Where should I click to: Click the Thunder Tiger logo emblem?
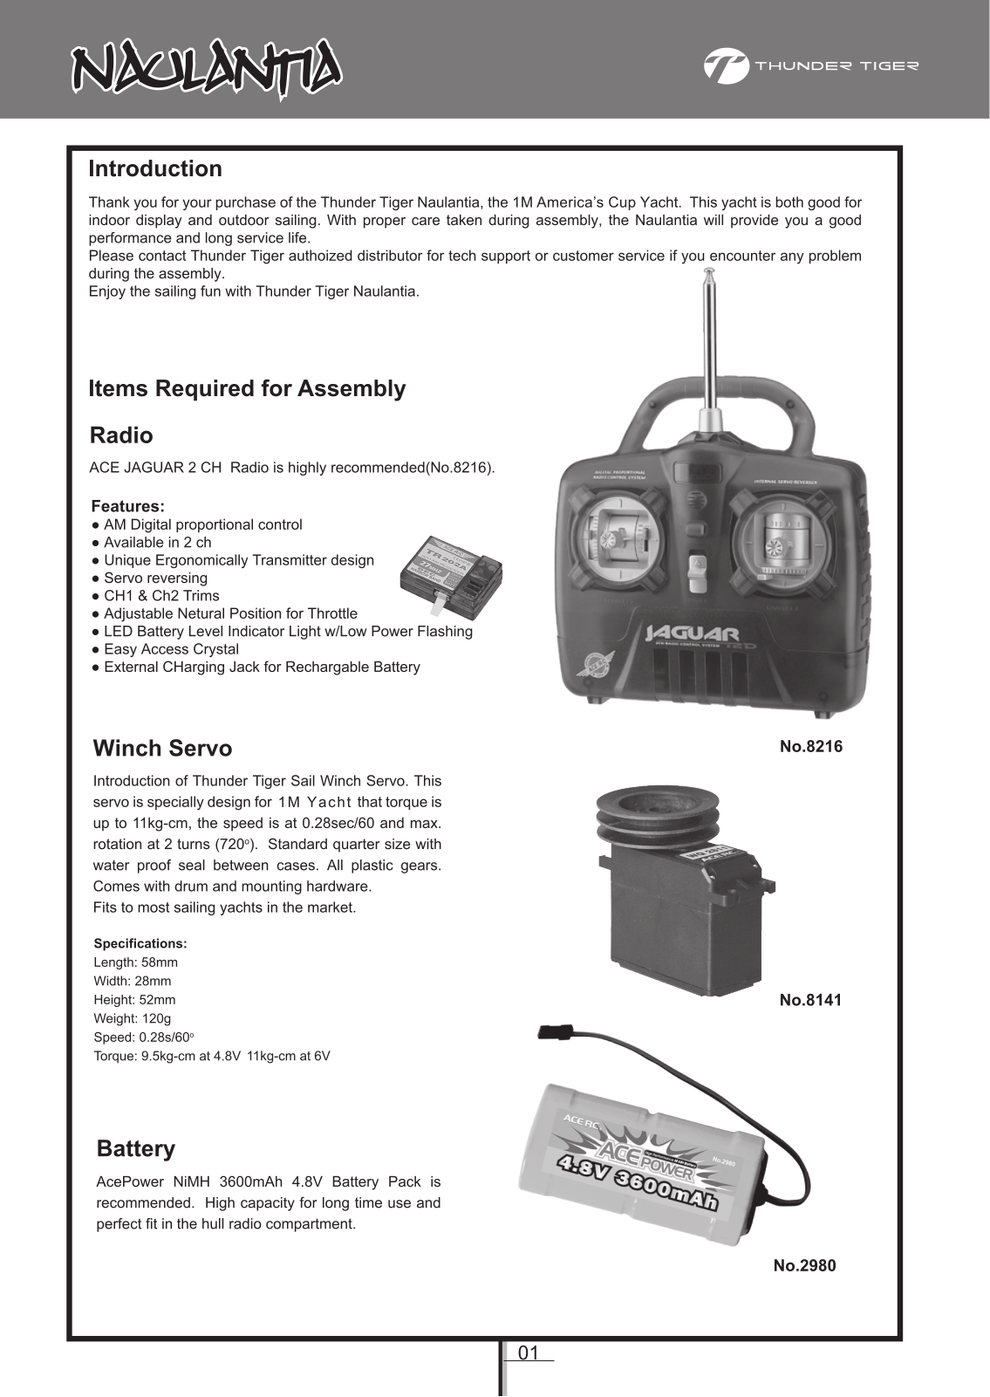click(x=726, y=66)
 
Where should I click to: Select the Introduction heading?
click(x=155, y=169)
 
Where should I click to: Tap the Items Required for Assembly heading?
click(x=247, y=389)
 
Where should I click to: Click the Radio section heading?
click(x=121, y=435)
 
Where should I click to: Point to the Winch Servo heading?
click(x=162, y=749)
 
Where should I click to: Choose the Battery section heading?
click(x=136, y=1149)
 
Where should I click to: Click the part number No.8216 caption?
click(x=811, y=747)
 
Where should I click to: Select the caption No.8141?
click(x=810, y=1000)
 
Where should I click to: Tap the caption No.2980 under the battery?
click(x=804, y=1265)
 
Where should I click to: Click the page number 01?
click(x=529, y=1353)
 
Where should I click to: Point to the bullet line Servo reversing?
click(x=155, y=579)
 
